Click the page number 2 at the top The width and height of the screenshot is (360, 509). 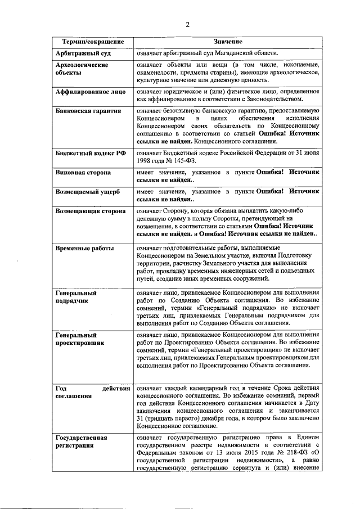[188, 24]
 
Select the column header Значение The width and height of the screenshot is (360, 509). [228, 42]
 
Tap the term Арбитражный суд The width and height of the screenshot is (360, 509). [83, 53]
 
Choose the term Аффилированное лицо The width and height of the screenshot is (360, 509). [90, 92]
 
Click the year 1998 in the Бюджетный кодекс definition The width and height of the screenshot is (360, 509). [145, 160]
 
